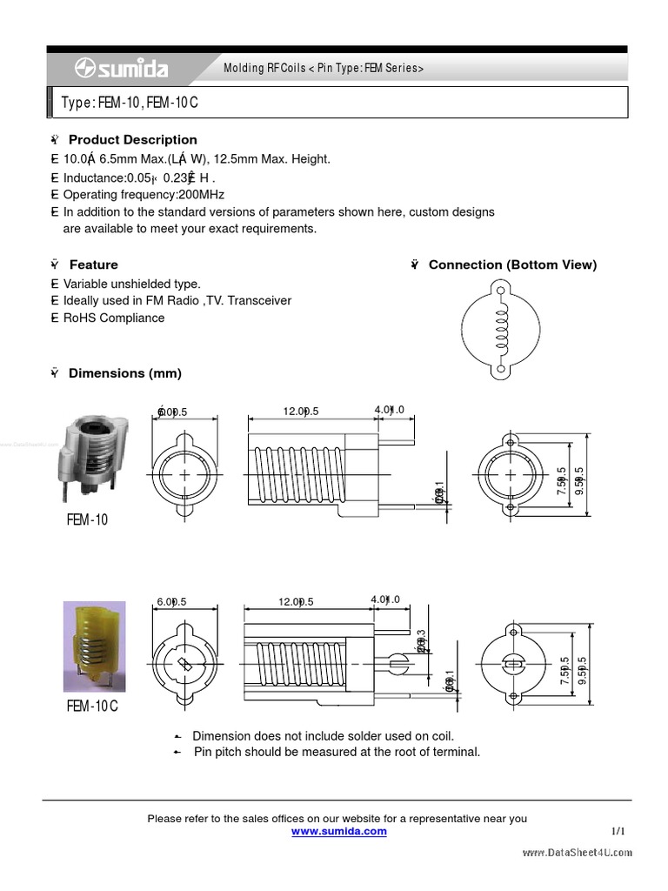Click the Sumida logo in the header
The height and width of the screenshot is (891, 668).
(122, 69)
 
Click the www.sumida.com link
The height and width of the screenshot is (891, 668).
(338, 831)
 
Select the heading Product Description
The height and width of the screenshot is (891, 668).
(132, 139)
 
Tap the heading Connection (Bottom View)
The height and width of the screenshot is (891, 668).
(512, 265)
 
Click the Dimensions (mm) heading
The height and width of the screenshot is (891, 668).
(124, 373)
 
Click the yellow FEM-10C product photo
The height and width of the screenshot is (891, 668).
(94, 646)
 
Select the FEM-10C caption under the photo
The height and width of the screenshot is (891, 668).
(91, 706)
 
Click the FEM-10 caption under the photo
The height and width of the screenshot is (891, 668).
(87, 519)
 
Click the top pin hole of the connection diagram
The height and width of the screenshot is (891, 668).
(501, 287)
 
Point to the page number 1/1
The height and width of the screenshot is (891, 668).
(618, 831)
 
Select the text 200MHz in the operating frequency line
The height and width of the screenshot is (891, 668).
(204, 194)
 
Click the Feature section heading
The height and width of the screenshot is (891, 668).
(93, 265)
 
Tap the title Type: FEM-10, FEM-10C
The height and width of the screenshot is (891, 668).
(130, 103)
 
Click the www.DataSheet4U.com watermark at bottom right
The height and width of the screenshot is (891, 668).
(577, 853)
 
